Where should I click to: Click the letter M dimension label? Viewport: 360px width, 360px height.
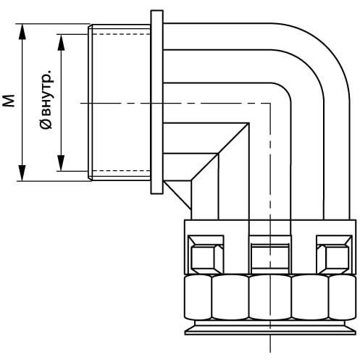[9, 101]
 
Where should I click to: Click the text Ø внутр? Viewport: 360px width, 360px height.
[46, 99]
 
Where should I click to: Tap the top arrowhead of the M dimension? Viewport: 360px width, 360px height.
[22, 31]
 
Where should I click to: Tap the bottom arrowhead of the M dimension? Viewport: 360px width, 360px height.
[22, 173]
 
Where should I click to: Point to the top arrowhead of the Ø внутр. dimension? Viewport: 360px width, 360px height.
[61, 42]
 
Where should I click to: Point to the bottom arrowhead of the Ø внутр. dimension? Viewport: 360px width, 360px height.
[61, 163]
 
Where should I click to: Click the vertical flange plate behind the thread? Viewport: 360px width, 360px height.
[157, 102]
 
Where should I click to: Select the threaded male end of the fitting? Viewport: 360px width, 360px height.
[120, 102]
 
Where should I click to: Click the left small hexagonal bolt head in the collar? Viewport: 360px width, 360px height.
[207, 257]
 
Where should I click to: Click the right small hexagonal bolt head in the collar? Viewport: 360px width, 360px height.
[334, 257]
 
